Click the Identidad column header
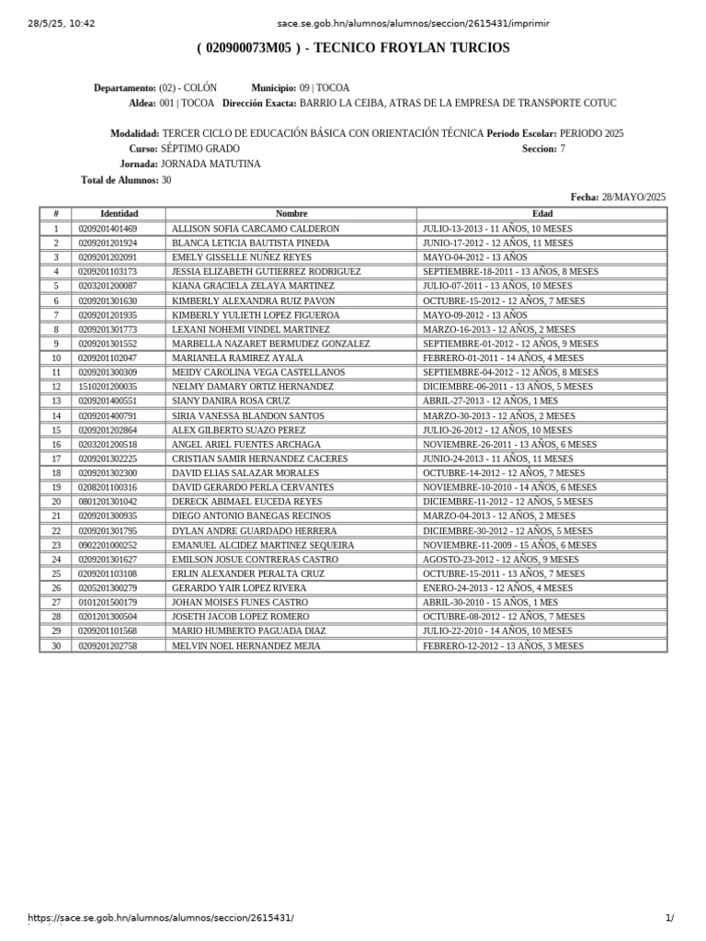pyautogui.click(x=119, y=213)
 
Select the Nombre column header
pyautogui.click(x=291, y=213)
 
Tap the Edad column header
pyautogui.click(x=542, y=213)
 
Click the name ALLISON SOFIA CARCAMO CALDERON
pyautogui.click(x=256, y=228)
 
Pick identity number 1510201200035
pyautogui.click(x=108, y=387)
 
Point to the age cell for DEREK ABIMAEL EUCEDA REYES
pyautogui.click(x=507, y=502)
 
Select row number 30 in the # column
pyautogui.click(x=56, y=646)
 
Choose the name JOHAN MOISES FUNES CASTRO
pyautogui.click(x=240, y=603)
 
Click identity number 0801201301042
pyautogui.click(x=108, y=502)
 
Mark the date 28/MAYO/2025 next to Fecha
pyautogui.click(x=633, y=197)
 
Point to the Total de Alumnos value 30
pyautogui.click(x=166, y=180)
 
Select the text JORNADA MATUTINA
pyautogui.click(x=211, y=164)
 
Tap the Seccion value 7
pyautogui.click(x=563, y=148)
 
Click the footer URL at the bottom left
pyautogui.click(x=161, y=918)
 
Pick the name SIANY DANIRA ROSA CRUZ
pyautogui.click(x=231, y=402)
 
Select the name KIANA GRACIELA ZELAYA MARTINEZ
pyautogui.click(x=253, y=286)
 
